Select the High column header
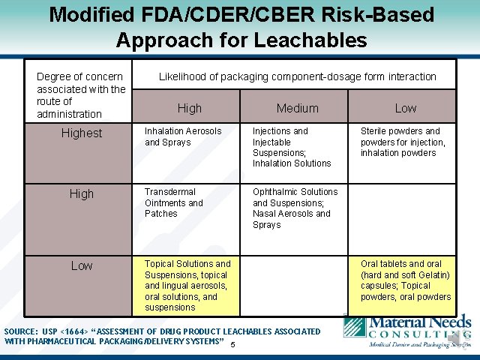(189, 108)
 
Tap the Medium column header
(297, 108)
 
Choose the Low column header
(405, 108)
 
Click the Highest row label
(82, 133)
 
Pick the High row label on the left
(82, 193)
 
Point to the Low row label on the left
(82, 265)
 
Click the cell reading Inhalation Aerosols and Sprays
(184, 136)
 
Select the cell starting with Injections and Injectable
(292, 147)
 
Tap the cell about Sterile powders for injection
(403, 142)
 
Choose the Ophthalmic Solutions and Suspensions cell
(295, 208)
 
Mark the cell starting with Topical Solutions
(187, 285)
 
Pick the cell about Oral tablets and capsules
(405, 280)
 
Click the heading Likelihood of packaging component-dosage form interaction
(297, 76)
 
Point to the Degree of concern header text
(81, 95)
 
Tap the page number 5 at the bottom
(234, 344)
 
